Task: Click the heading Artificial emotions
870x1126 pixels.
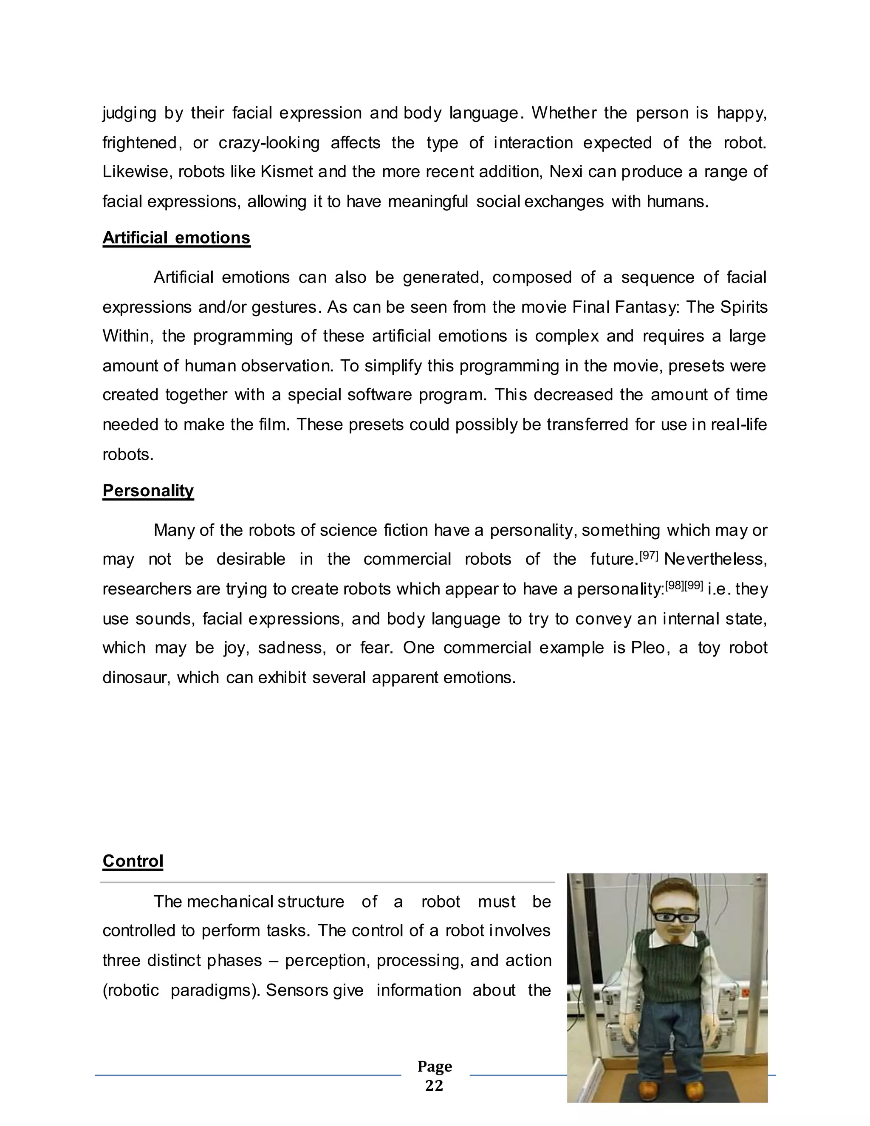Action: (x=176, y=238)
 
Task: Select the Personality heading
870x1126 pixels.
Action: (x=148, y=490)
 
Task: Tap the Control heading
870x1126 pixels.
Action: (x=133, y=861)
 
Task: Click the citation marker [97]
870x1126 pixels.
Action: (x=649, y=556)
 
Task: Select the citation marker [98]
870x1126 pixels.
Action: (x=675, y=585)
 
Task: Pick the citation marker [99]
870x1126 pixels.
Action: (x=694, y=585)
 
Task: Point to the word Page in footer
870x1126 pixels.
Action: (x=435, y=1066)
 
